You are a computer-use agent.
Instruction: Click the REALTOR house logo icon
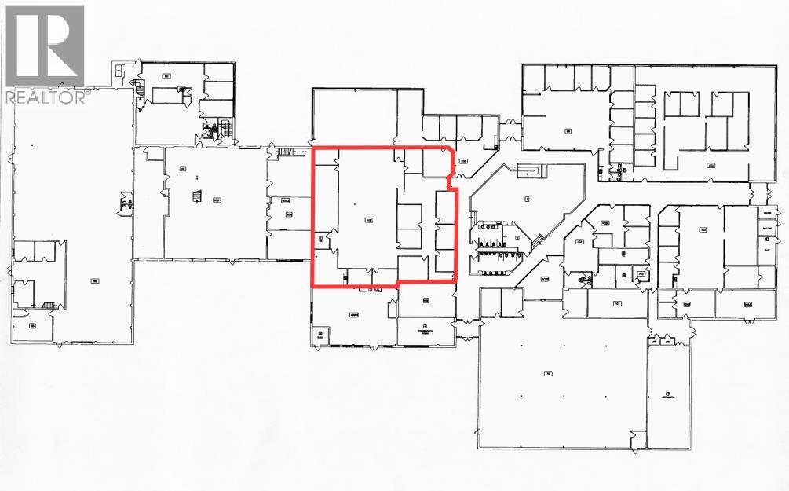click(x=44, y=46)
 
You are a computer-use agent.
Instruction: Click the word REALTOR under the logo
click(x=46, y=97)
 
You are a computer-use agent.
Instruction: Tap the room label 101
click(x=618, y=302)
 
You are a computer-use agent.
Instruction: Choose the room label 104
click(x=703, y=229)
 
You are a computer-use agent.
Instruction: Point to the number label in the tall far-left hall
click(x=94, y=280)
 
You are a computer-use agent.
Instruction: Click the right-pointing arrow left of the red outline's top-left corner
click(x=303, y=149)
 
